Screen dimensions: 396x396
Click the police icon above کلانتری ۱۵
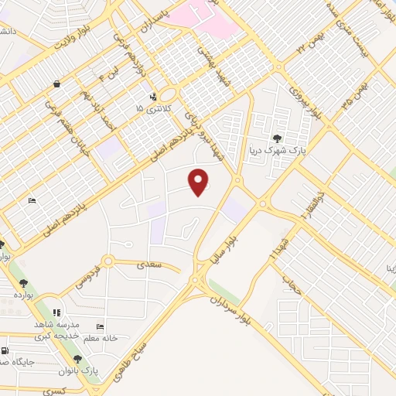coord(153,97)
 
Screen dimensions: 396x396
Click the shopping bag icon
coord(57,84)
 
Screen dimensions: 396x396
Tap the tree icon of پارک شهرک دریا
coord(277,138)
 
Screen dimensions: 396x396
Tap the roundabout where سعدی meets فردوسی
coord(108,261)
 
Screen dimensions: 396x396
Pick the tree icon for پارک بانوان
coord(77,359)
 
